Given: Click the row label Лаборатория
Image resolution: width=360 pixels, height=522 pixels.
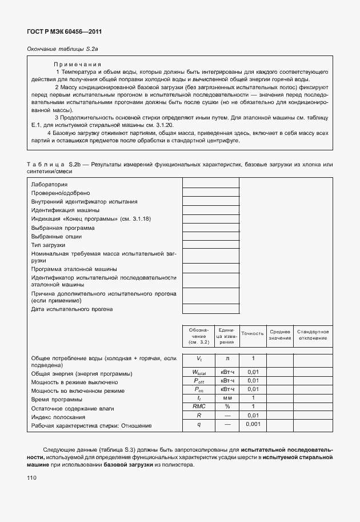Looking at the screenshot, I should point(50,185).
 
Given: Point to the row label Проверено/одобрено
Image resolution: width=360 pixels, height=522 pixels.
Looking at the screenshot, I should point(61,193).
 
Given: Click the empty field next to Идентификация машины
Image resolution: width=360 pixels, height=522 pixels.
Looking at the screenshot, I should point(210,210).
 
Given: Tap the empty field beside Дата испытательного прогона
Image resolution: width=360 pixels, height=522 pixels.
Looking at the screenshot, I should point(210,309).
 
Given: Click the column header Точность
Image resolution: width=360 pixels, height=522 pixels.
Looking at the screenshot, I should point(253,333).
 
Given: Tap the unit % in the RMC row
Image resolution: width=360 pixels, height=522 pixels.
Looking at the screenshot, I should point(227,407).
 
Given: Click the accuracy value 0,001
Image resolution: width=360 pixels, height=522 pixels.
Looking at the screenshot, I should point(253,425).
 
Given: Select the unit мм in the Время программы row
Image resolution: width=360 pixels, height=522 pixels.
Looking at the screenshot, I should point(227,399).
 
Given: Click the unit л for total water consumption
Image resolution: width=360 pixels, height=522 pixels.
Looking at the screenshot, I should point(227,358).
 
